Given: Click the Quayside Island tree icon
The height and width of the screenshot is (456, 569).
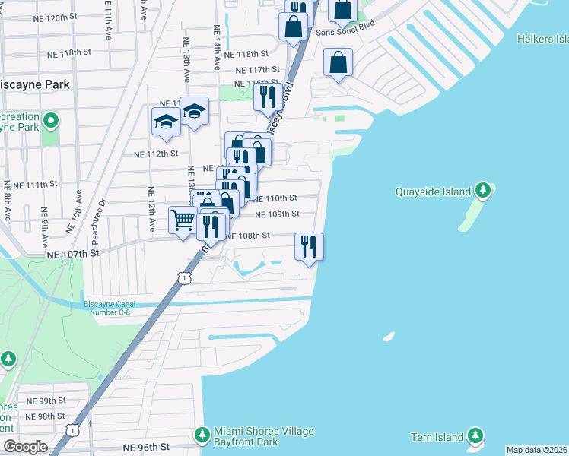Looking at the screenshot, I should point(482,190).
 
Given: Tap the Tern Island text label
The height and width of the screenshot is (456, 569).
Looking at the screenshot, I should point(438,437).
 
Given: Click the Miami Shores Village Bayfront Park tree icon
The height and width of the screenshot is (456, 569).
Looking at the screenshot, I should point(202,435).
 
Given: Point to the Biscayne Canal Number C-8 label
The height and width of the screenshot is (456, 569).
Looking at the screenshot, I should point(115,308).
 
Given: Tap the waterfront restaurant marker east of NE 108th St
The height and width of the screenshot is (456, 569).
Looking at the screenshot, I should point(309,245).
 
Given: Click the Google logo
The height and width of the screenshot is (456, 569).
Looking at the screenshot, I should point(25,447).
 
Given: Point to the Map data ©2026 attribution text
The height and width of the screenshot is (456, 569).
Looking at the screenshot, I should point(536,450).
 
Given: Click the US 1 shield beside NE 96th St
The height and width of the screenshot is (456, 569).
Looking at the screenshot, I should point(71,430).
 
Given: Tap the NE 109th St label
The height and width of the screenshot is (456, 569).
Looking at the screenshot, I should point(277,214).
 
